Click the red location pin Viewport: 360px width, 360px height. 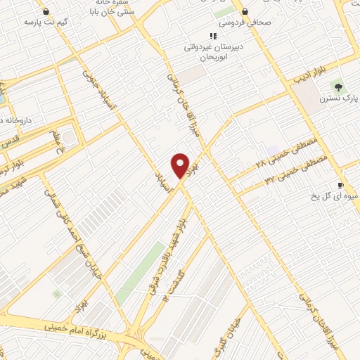pos(181,165)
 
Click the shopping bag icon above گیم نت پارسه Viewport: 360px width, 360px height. pos(46,11)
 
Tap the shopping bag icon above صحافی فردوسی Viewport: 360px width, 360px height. pos(244,11)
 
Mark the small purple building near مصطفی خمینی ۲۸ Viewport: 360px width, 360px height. pos(272,150)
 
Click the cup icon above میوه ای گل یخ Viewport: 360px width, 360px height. pos(341,184)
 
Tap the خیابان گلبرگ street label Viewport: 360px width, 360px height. pos(231,335)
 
